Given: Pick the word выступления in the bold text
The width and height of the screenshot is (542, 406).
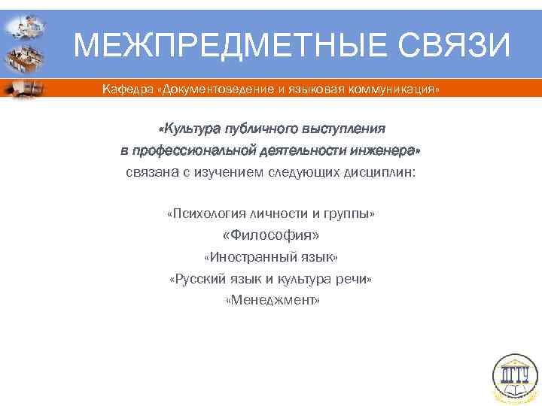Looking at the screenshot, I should (x=343, y=128).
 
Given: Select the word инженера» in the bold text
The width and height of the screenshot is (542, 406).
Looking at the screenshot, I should (x=387, y=150).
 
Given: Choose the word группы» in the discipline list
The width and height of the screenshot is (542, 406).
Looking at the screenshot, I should (x=352, y=214).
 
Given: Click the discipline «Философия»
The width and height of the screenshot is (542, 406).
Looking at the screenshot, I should (x=271, y=236).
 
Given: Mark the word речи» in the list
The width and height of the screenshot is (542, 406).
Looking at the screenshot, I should (x=357, y=279).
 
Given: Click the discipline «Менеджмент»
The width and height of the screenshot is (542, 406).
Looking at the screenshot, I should (x=272, y=300).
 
